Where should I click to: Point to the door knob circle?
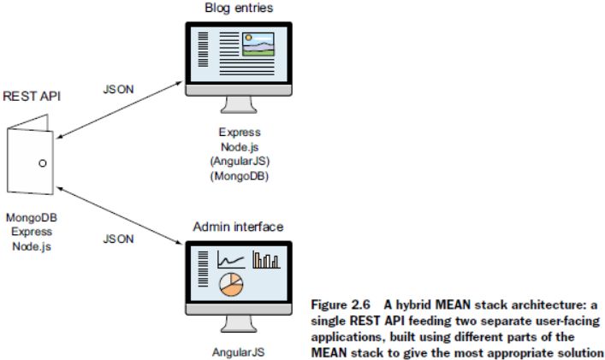(42, 162)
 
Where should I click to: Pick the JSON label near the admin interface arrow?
(119, 239)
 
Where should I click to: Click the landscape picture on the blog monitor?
(258, 44)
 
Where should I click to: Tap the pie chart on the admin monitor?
(231, 285)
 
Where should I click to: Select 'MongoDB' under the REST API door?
(32, 220)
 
